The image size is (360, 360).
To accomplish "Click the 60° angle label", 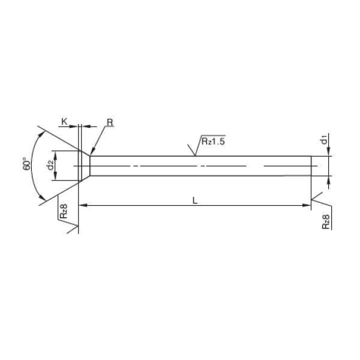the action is click(26, 164).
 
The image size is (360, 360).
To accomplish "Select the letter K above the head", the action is click(64, 122).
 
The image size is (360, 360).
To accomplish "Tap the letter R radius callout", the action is click(110, 122).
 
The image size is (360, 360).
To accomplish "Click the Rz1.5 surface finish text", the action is click(213, 141).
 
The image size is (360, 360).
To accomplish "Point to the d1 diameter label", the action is click(324, 140).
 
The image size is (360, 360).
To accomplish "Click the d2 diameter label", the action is click(50, 165).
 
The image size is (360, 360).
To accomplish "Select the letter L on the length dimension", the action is click(194, 200).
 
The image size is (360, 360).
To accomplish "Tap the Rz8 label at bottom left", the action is click(64, 211).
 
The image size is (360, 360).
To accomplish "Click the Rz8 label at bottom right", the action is click(326, 222).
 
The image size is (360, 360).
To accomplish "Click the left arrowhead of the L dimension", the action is click(83, 205).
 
